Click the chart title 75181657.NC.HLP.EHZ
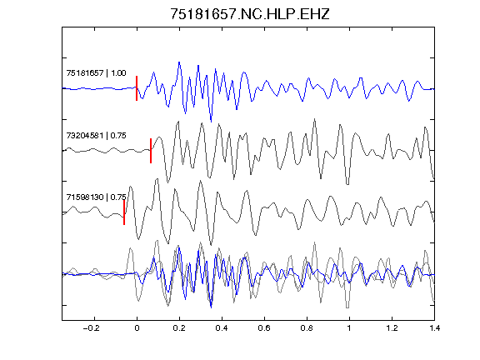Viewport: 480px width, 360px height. [250, 14]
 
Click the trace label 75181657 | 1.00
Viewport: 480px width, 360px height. [96, 72]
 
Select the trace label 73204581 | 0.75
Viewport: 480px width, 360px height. [96, 135]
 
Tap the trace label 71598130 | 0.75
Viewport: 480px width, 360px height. [96, 197]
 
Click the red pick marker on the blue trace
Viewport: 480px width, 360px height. [137, 88]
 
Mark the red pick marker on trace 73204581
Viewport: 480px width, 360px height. [151, 151]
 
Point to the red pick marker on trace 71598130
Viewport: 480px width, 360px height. [124, 212]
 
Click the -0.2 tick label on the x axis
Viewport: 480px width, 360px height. [92, 328]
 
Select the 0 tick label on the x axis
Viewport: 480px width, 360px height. [137, 328]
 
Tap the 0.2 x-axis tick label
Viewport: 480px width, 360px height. [179, 328]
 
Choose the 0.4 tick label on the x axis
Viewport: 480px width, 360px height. [222, 328]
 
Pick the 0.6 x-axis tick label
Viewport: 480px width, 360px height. [264, 328]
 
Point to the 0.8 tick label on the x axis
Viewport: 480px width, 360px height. [307, 328]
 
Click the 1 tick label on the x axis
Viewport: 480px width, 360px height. [349, 328]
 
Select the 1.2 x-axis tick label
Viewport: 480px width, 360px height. [392, 328]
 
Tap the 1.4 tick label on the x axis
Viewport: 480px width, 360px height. [434, 328]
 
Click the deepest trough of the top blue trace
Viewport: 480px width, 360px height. [211, 121]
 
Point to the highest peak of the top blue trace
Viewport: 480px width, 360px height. [179, 62]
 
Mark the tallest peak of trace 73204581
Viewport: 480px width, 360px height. [314, 119]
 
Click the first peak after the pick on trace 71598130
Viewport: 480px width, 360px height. [130, 187]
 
